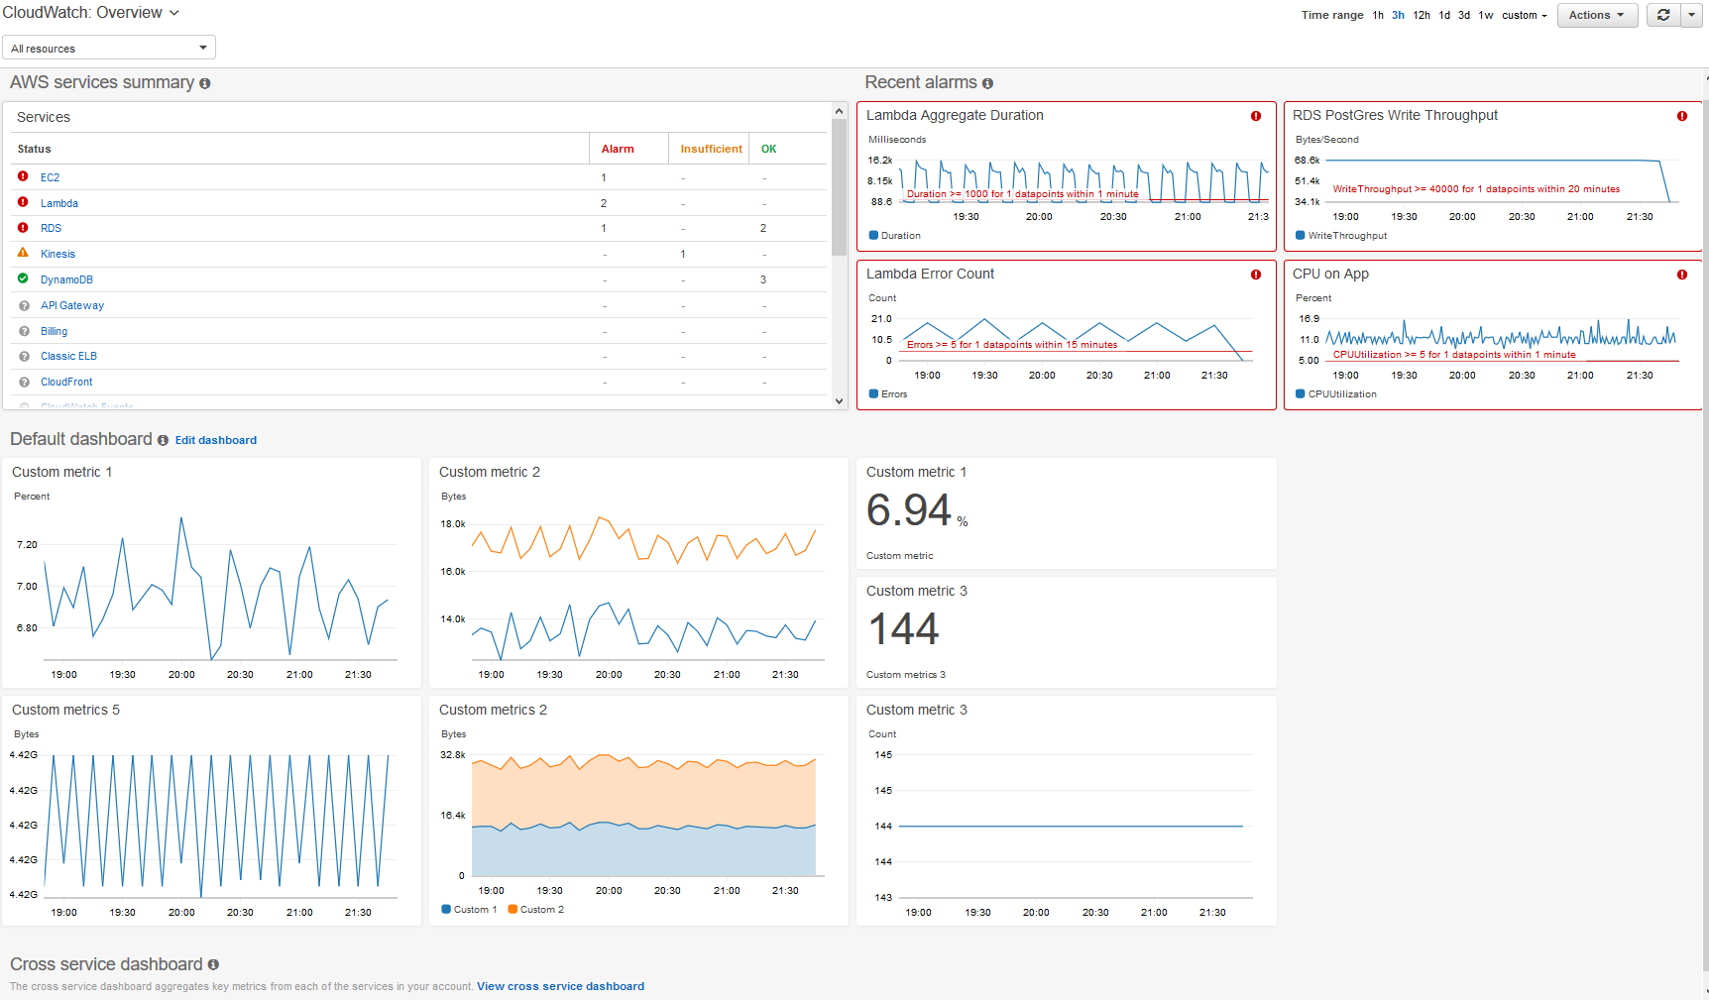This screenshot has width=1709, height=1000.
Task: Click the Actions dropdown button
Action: (x=1596, y=15)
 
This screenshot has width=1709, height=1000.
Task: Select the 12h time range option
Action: (x=1421, y=15)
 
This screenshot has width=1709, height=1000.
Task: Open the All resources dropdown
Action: (x=109, y=48)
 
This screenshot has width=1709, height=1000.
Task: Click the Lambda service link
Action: (x=58, y=203)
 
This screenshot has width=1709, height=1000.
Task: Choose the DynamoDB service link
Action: (x=66, y=279)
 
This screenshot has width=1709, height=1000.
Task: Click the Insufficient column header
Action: (x=711, y=149)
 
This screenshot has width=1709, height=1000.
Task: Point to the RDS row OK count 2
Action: (x=762, y=228)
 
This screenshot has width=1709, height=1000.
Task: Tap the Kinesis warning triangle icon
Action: (x=23, y=253)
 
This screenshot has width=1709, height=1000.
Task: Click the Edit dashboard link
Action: (x=215, y=440)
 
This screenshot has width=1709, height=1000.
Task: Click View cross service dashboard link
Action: (x=560, y=986)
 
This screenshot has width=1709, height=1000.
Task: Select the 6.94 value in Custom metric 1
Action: (x=909, y=510)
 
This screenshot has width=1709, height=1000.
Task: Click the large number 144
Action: (x=903, y=629)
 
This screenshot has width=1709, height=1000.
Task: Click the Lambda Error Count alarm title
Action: (x=930, y=274)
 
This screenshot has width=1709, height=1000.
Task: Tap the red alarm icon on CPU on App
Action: (x=1681, y=275)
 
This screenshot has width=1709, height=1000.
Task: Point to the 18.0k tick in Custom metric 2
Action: (x=453, y=524)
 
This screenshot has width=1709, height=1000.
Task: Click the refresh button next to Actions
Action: (x=1662, y=15)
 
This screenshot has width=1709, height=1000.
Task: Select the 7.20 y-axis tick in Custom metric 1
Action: (x=27, y=545)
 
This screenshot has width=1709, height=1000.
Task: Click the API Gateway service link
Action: (x=71, y=305)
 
